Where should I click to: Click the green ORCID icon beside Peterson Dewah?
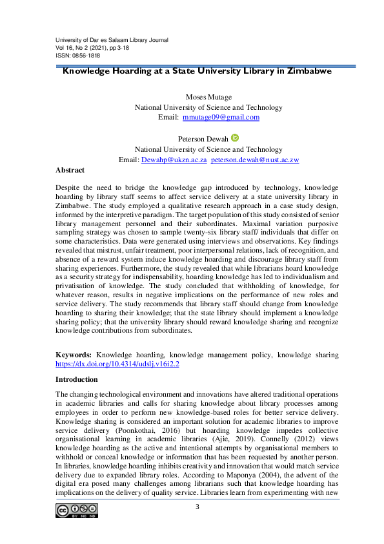(234, 138)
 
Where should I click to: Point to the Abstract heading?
(70, 170)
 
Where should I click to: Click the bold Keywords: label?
(74, 355)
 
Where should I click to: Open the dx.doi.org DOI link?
(117, 364)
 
